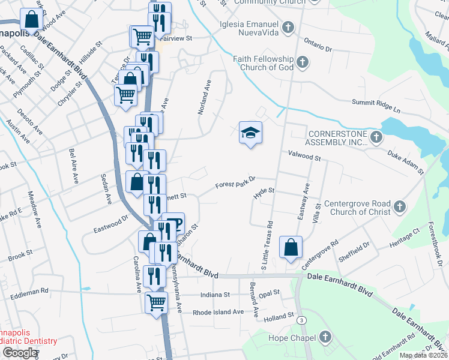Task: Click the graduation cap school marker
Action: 251,133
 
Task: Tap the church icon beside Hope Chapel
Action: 325,337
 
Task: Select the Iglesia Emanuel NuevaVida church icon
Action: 289,27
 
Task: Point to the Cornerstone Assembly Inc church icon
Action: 376,138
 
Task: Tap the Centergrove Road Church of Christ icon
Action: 400,208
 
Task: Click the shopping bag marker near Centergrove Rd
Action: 291,247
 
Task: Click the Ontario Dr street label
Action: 318,44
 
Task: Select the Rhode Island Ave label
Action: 218,313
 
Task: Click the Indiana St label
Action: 218,295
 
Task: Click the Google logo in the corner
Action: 20,353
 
